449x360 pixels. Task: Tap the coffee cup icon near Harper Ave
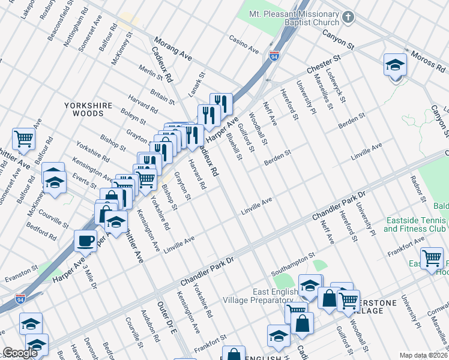click(85, 241)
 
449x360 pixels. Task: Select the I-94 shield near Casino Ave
click(274, 56)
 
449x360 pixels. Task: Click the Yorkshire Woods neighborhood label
click(88, 109)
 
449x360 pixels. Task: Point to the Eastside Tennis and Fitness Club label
click(414, 224)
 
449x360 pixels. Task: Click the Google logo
click(20, 353)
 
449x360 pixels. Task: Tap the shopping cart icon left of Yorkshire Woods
click(23, 139)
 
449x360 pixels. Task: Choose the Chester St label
click(324, 64)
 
